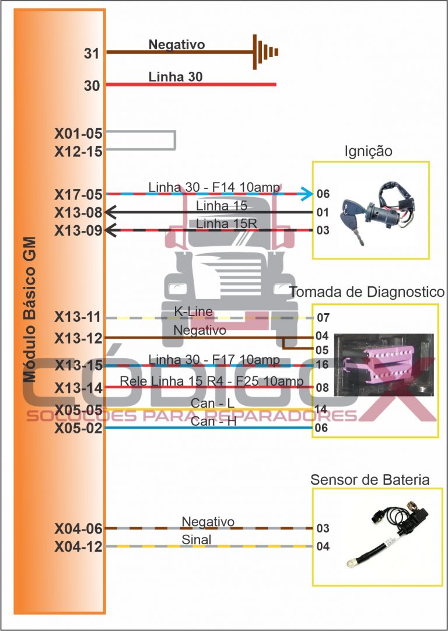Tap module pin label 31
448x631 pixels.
point(92,54)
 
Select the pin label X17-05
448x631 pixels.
point(78,194)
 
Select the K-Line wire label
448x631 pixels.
point(194,311)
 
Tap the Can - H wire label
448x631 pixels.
point(213,422)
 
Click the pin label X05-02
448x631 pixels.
point(78,429)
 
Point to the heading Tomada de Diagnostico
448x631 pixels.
point(367,292)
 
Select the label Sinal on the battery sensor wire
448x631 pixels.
point(197,541)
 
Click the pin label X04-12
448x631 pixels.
point(78,546)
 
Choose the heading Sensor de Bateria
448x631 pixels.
point(370,480)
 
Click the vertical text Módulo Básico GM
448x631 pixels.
point(30,309)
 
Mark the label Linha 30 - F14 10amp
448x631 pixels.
point(213,187)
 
